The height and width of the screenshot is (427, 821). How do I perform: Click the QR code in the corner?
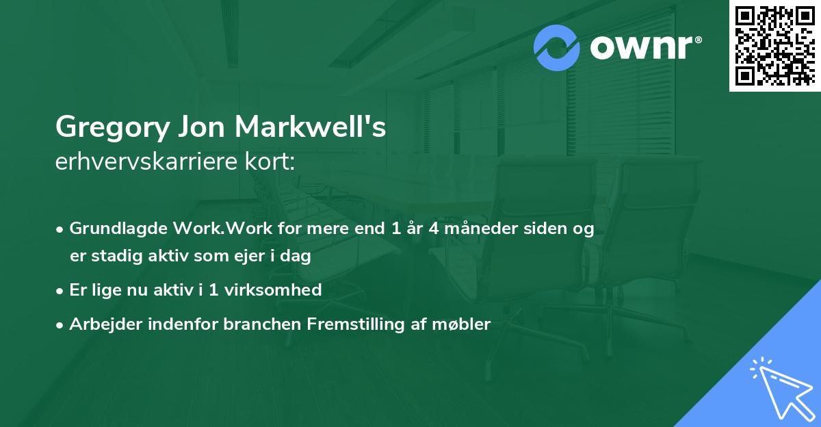(x=774, y=46)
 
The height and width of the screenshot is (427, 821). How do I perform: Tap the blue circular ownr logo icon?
(x=557, y=48)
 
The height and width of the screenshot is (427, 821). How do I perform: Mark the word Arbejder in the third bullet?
(x=100, y=324)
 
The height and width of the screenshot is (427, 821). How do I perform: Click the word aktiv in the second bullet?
(x=164, y=289)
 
